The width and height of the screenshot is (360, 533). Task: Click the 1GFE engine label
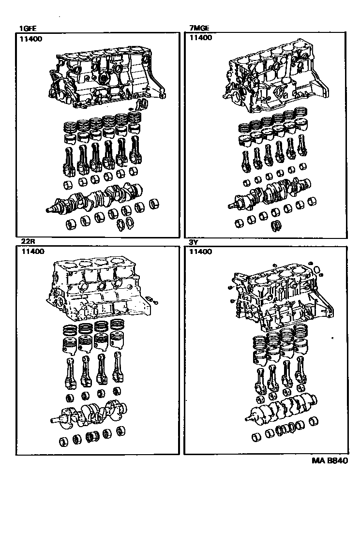click(28, 29)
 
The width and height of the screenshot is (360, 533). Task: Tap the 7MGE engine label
click(199, 28)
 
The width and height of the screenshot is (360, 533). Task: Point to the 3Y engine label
click(194, 243)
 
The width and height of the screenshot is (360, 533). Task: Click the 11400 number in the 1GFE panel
click(31, 39)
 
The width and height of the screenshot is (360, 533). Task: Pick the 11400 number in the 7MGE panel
click(201, 37)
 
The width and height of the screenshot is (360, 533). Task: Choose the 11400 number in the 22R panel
click(32, 252)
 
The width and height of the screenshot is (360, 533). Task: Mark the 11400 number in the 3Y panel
click(201, 252)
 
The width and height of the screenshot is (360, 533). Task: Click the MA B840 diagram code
click(330, 461)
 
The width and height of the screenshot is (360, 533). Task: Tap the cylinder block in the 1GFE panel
click(107, 78)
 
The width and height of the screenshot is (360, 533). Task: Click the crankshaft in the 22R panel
click(90, 413)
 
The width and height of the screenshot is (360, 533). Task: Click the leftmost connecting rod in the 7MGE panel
click(246, 162)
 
